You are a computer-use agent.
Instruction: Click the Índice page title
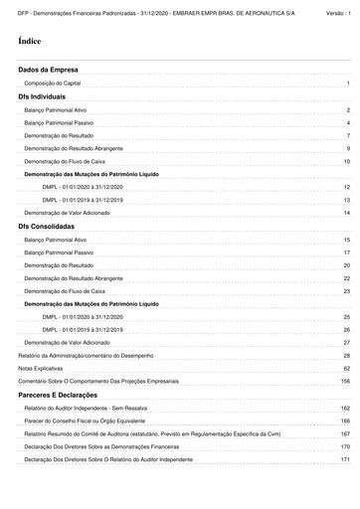pyautogui.click(x=28, y=42)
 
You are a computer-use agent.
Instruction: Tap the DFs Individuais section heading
pyautogui.click(x=42, y=97)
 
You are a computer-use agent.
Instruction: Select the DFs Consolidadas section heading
pyautogui.click(x=46, y=228)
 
